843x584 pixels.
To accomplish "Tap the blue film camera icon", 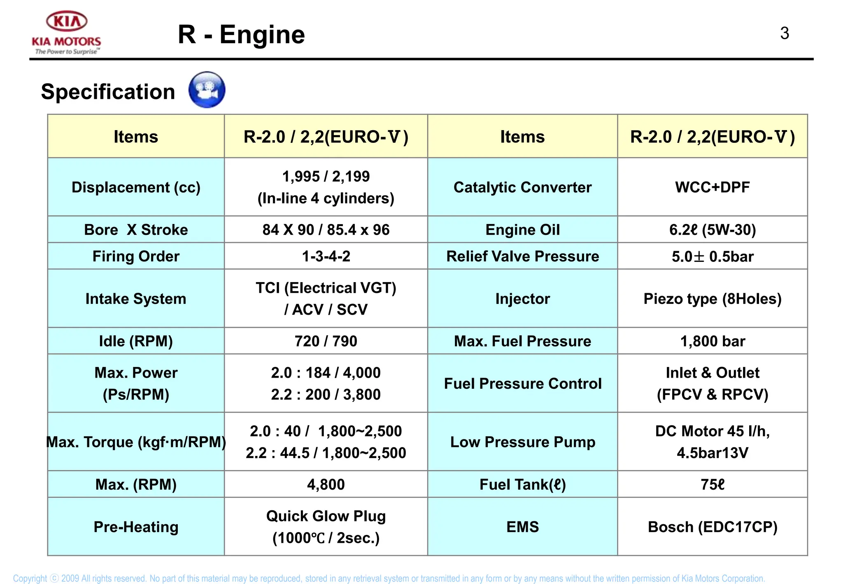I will (x=207, y=90).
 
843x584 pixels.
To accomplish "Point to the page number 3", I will (x=785, y=33).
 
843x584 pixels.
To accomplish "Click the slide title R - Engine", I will (x=241, y=35).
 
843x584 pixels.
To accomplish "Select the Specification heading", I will (x=108, y=91).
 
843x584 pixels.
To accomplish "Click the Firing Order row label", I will (x=136, y=256).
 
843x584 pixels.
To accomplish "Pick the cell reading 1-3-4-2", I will (x=326, y=256).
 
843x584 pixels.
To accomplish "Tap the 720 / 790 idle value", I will (x=326, y=341).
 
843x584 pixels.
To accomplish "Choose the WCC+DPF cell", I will (x=713, y=187).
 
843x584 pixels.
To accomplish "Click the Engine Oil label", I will (x=523, y=230).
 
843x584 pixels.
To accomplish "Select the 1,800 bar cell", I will (x=713, y=341).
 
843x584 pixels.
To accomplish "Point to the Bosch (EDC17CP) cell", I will (x=713, y=527).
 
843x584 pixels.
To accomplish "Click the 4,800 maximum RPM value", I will (x=326, y=484).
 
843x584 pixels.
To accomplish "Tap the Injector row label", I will (x=523, y=299).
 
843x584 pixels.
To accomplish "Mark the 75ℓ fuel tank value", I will (x=713, y=484).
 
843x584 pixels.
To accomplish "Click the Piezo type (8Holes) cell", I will (x=713, y=299).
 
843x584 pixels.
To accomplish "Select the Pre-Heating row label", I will (x=136, y=527).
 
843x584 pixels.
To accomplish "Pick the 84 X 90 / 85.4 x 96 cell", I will (x=326, y=230).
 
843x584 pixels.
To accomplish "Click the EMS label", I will (x=523, y=527).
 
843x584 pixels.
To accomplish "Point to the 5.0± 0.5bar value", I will (x=713, y=256).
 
